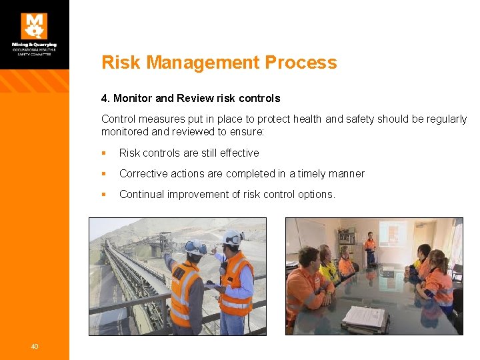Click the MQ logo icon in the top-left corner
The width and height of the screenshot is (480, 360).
pyautogui.click(x=34, y=26)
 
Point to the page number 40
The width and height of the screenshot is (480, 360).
pyautogui.click(x=34, y=345)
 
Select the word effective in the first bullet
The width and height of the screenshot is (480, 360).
pyautogui.click(x=237, y=153)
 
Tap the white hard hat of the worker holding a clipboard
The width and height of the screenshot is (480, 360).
pyautogui.click(x=231, y=237)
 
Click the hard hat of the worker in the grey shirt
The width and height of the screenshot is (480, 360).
pyautogui.click(x=195, y=248)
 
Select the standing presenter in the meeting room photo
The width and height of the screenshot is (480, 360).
pyautogui.click(x=370, y=248)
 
